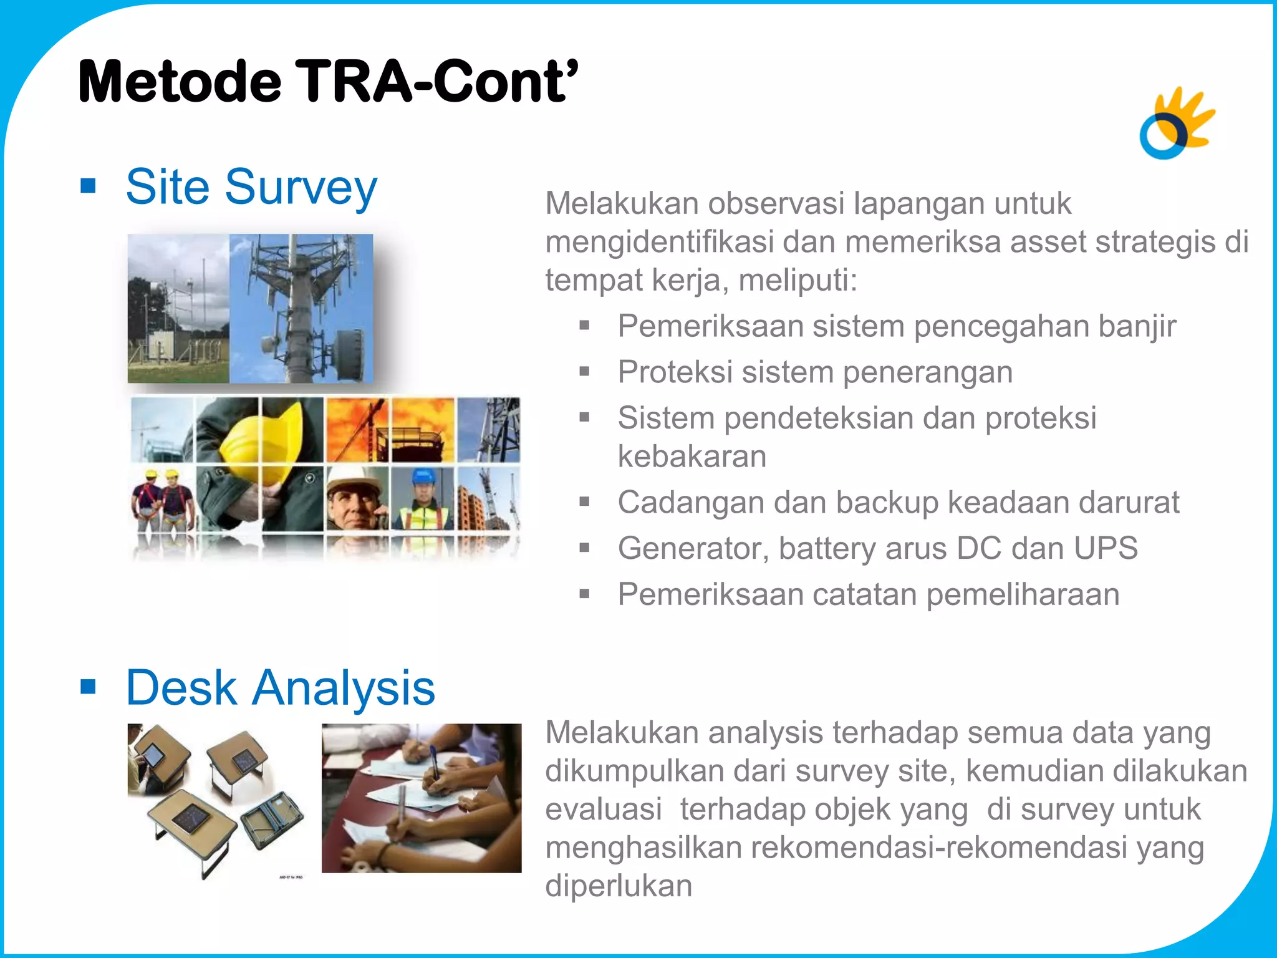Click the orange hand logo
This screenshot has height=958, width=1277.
[x=1177, y=123]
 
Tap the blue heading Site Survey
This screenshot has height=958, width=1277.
[x=251, y=186]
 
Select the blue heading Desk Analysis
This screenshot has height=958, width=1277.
[x=280, y=687]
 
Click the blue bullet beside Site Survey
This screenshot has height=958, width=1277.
[x=88, y=186]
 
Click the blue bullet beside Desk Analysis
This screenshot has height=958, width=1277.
[x=88, y=687]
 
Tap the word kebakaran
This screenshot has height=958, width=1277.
[x=692, y=457]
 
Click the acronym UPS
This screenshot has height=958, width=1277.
[x=1105, y=548]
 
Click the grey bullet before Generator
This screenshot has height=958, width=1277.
[x=584, y=548]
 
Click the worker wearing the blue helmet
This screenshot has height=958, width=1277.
[x=423, y=499]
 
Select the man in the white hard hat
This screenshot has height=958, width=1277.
[x=355, y=499]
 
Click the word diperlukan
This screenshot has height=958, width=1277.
[x=619, y=886]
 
